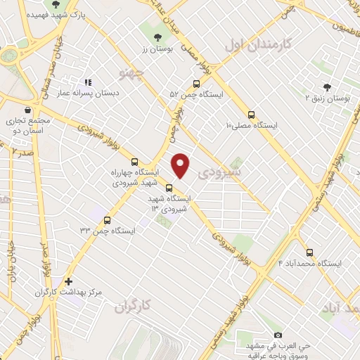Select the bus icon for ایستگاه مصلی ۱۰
251,115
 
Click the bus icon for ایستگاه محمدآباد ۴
309,252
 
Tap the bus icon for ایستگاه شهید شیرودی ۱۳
169,188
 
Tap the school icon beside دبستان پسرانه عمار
88,82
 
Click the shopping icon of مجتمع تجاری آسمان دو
27,110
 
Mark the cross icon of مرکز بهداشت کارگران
68,281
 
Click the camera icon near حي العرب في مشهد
278,335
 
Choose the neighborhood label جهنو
132,72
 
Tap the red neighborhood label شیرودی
219,170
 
